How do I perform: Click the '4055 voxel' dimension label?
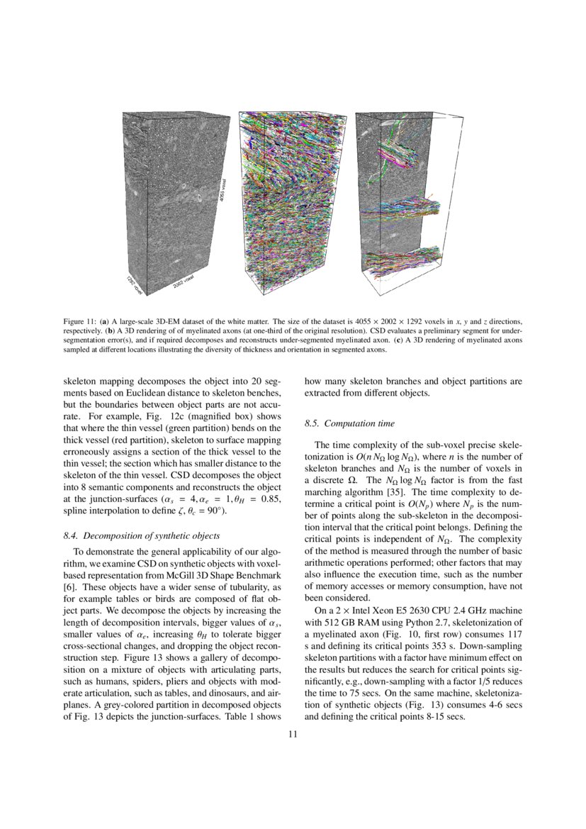coord(222,191)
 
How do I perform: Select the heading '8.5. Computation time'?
coord(349,423)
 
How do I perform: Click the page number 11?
coord(292,734)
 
